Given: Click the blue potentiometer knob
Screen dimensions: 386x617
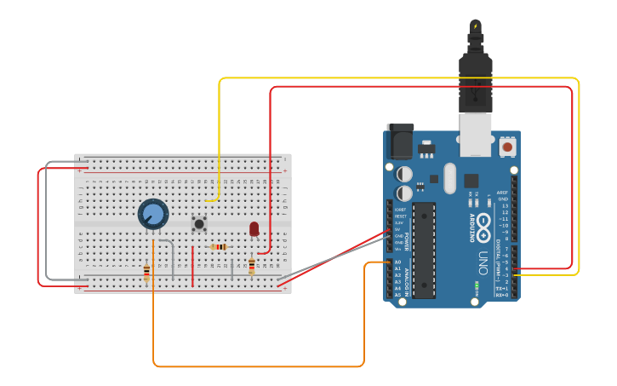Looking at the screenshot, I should tap(153, 214).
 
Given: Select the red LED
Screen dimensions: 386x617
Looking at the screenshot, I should tap(254, 228).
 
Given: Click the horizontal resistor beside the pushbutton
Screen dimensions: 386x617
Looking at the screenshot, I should tap(219, 247).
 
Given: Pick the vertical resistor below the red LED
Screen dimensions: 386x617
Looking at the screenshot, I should tap(252, 266).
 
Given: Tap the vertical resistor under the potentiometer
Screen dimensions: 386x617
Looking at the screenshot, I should tap(146, 273).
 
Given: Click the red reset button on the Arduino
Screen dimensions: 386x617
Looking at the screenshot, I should tap(507, 147).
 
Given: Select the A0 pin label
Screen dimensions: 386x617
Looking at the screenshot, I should tap(397, 262).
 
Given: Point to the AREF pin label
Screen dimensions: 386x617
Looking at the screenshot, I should tap(502, 193).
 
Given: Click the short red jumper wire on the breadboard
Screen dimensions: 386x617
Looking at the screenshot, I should tap(192, 266).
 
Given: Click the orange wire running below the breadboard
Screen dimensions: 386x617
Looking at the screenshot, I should tap(255, 366).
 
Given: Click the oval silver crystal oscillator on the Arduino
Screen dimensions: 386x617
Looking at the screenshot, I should tap(449, 179).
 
